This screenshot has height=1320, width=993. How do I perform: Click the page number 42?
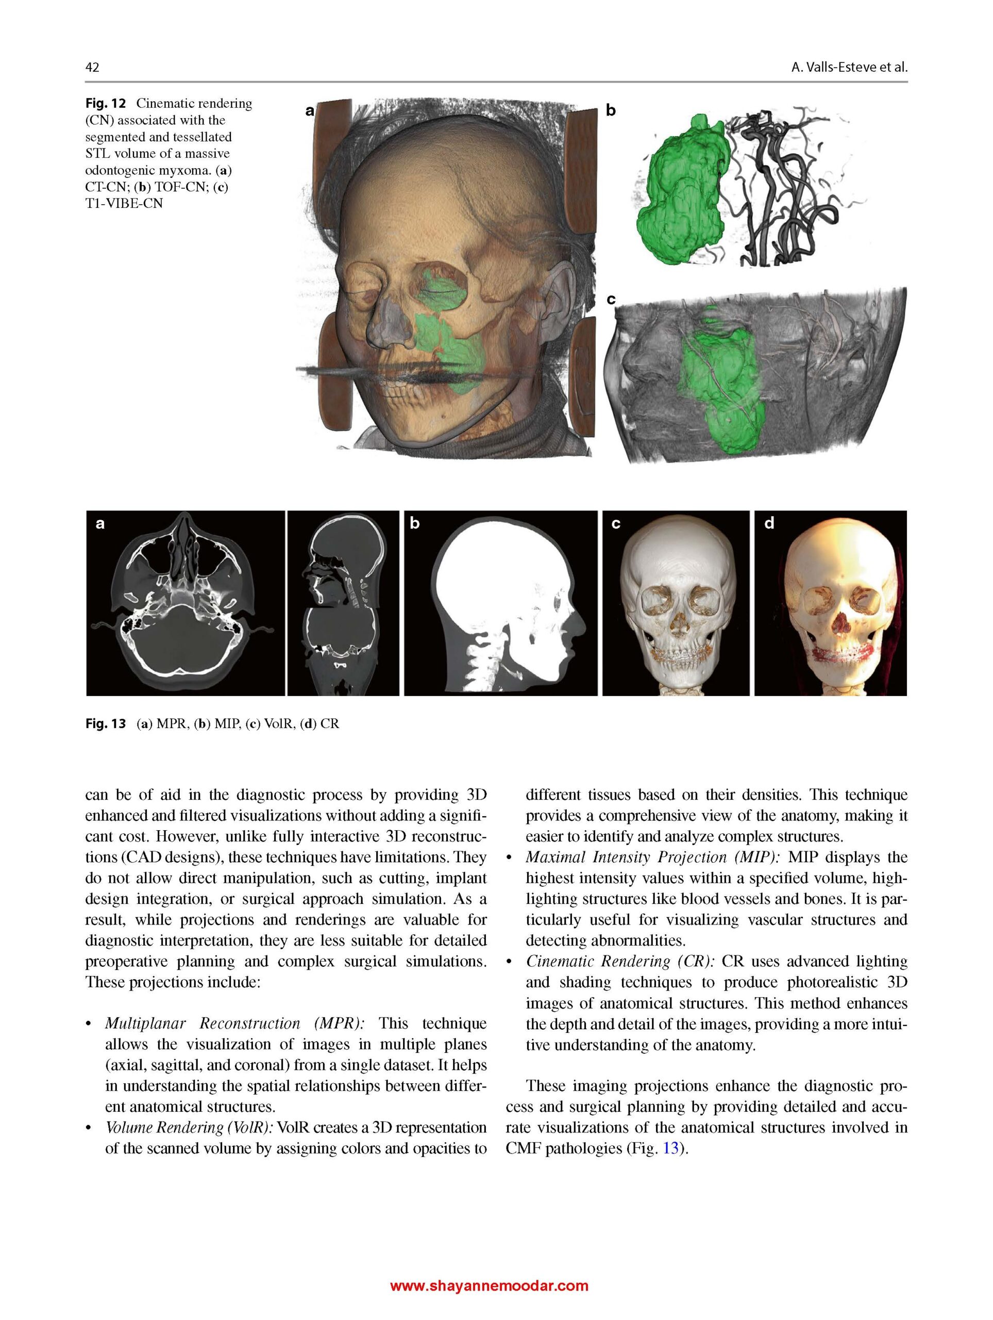tap(92, 67)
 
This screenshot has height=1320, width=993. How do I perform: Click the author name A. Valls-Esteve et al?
tap(848, 68)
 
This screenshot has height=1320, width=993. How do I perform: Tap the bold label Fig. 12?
tap(105, 103)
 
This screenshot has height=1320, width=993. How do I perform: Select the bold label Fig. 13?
tap(106, 724)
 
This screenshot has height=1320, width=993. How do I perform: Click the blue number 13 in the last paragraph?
tap(670, 1148)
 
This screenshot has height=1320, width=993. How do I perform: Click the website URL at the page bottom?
tap(489, 1285)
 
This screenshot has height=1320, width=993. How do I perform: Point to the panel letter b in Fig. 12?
tap(610, 110)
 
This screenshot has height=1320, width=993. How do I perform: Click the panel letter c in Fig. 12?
tap(610, 299)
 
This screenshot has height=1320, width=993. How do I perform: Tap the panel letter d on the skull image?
tap(769, 523)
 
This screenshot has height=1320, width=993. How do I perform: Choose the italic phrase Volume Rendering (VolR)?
tap(190, 1127)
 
